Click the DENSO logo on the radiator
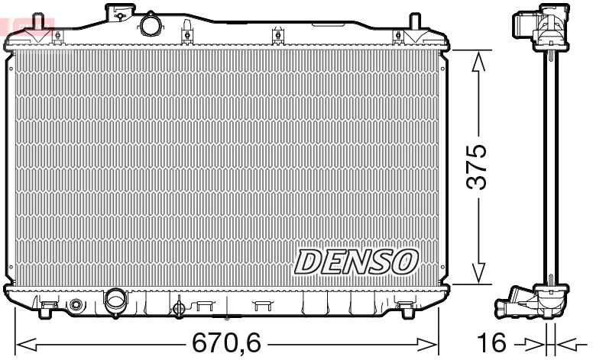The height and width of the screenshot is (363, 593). (x=355, y=261)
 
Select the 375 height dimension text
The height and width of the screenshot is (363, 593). (x=477, y=166)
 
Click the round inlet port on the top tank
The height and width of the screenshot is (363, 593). (x=150, y=25)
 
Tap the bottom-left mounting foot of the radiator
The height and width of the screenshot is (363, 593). (x=47, y=307)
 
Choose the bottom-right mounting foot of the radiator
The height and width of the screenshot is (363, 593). (x=404, y=307)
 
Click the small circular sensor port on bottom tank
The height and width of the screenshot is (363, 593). (x=75, y=306)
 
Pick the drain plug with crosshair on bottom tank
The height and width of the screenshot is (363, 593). (x=179, y=308)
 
